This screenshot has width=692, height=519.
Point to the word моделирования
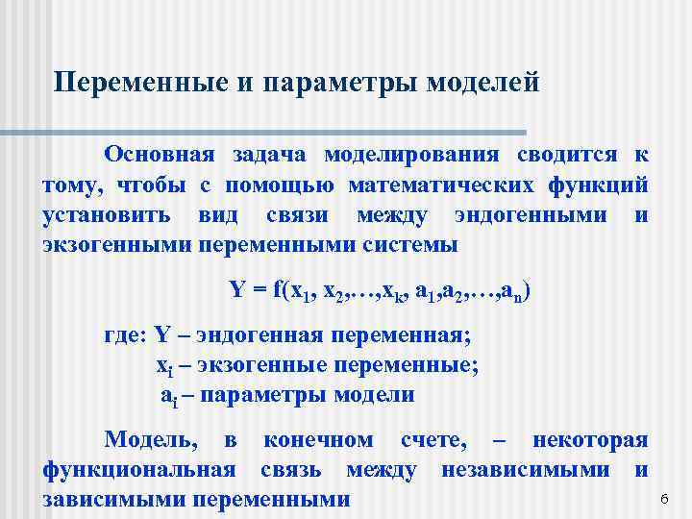click(x=411, y=155)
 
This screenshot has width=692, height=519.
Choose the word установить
click(x=108, y=214)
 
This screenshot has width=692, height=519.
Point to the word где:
click(x=124, y=335)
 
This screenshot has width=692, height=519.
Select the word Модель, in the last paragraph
click(x=152, y=440)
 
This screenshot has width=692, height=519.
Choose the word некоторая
click(x=589, y=440)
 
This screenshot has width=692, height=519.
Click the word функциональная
click(x=139, y=470)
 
